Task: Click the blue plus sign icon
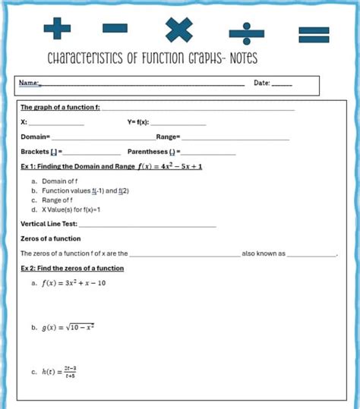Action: tap(57, 29)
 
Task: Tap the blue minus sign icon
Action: tap(115, 29)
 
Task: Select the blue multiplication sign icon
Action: tap(179, 29)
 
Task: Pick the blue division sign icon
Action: tap(243, 29)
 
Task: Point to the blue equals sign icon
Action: tap(312, 33)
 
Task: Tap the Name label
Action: tap(30, 83)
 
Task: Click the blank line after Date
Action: tap(282, 83)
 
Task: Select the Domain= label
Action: tap(35, 137)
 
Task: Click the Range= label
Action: tap(168, 137)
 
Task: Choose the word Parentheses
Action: tap(147, 152)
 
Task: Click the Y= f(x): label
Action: tap(139, 121)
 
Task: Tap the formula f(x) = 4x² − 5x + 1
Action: tap(170, 166)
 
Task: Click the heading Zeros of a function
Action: tap(51, 238)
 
